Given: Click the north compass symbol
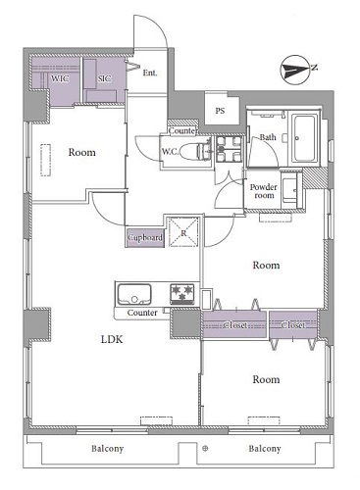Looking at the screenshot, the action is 295,70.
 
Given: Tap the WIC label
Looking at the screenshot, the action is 60,78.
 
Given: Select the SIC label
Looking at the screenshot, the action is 104,78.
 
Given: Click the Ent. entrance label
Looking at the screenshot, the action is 150,73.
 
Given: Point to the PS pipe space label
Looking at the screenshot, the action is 220,111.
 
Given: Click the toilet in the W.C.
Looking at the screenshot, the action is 195,151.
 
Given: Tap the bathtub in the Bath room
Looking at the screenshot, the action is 304,138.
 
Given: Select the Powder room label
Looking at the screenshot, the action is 264,191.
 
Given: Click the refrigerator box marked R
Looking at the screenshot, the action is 183,232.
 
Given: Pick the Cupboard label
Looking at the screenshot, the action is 145,237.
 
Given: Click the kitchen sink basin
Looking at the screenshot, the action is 134,295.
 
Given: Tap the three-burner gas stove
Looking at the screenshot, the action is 181,294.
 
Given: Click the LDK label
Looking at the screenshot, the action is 112,339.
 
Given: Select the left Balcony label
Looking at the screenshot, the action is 107,449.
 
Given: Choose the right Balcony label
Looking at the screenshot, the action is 265,449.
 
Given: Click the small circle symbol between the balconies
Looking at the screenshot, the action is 205,449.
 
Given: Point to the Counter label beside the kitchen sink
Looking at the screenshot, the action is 142,313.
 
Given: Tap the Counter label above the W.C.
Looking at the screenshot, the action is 182,131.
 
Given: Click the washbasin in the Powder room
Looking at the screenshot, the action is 289,190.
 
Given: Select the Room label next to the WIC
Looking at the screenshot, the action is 81,152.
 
